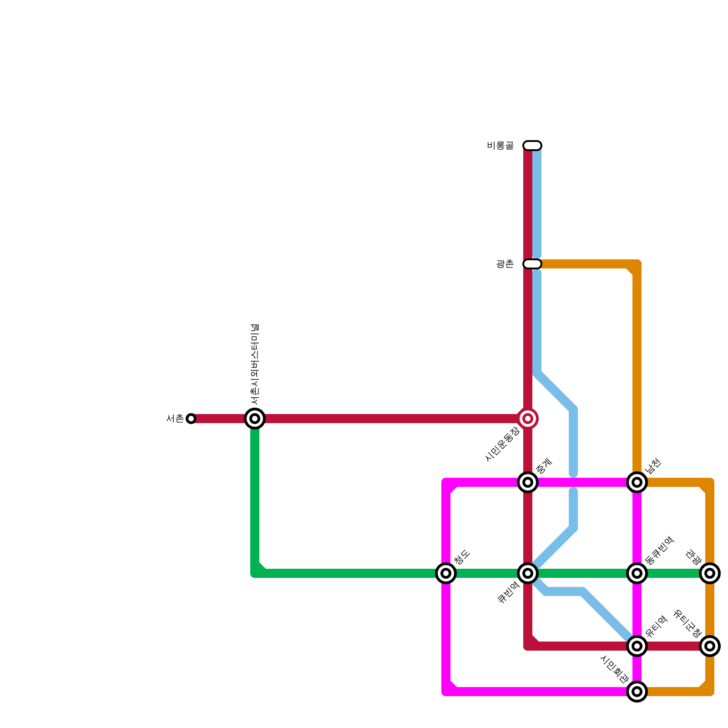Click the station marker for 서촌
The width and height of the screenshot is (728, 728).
(x=191, y=419)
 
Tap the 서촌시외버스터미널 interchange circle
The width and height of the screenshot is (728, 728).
(x=255, y=419)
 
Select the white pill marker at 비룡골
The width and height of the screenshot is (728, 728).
(x=532, y=146)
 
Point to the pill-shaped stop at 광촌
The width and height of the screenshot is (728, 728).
(x=532, y=264)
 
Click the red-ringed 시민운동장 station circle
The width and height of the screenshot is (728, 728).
(x=528, y=419)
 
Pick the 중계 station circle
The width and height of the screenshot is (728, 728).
(x=528, y=482)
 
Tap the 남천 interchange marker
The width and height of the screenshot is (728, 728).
(x=637, y=482)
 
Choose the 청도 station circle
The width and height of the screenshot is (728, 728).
(x=446, y=573)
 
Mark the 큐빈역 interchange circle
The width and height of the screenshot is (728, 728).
(x=528, y=573)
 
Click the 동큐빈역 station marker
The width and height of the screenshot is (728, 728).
(x=637, y=573)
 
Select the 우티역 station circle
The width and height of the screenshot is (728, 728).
(x=637, y=646)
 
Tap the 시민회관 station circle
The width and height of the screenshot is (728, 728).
(x=637, y=692)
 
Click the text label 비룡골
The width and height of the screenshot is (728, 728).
(x=500, y=146)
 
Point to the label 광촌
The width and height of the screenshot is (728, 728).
(x=505, y=264)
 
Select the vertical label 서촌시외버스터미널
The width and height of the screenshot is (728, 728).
(x=255, y=364)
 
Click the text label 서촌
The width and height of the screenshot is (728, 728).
(x=175, y=419)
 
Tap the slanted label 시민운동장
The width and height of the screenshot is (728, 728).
(x=502, y=444)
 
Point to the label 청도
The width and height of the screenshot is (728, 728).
(x=462, y=557)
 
